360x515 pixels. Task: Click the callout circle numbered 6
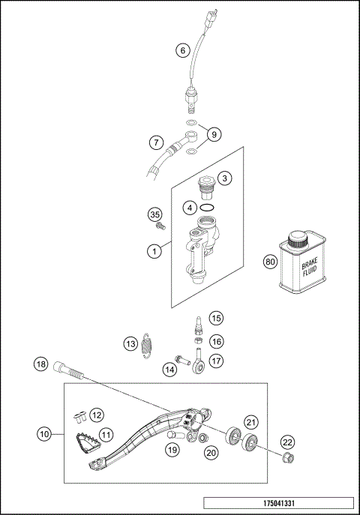click(x=182, y=51)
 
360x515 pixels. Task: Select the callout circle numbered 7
click(x=155, y=142)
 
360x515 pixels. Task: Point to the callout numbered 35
click(x=156, y=214)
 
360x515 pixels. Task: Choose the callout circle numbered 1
click(x=154, y=252)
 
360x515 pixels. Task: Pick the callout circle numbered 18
click(x=40, y=364)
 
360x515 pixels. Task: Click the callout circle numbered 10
click(x=45, y=433)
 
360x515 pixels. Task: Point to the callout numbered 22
click(x=287, y=442)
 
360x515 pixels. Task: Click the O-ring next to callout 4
click(x=211, y=208)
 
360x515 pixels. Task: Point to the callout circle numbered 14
click(x=170, y=369)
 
